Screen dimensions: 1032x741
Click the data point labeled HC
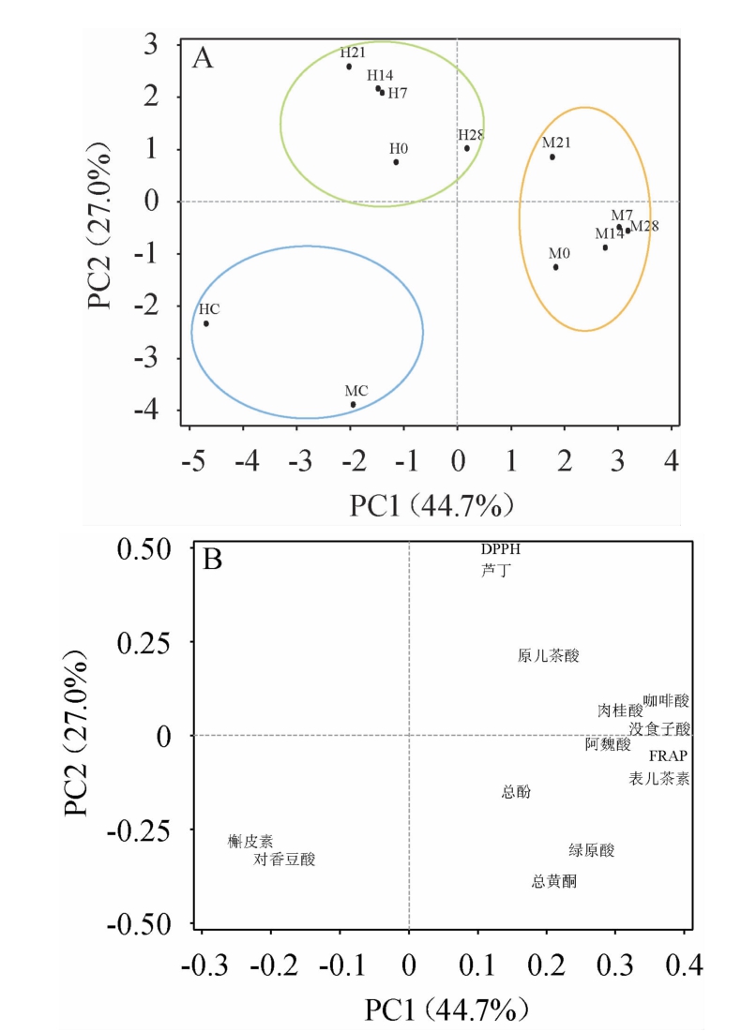[206, 323]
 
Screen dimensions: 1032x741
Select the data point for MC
[354, 405]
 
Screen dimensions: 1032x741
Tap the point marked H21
[349, 67]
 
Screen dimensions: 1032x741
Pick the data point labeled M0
[555, 267]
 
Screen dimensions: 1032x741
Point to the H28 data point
[467, 148]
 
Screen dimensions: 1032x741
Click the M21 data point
[552, 157]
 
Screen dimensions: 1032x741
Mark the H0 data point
[396, 162]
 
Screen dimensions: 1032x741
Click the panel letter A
[203, 59]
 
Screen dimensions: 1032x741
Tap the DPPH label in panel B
[500, 549]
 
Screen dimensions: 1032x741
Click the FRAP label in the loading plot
[669, 756]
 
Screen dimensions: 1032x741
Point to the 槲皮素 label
[250, 842]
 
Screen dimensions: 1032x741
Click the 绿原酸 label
[591, 850]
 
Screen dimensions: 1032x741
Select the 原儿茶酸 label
[549, 656]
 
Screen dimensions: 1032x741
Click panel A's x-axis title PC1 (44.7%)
[432, 507]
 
